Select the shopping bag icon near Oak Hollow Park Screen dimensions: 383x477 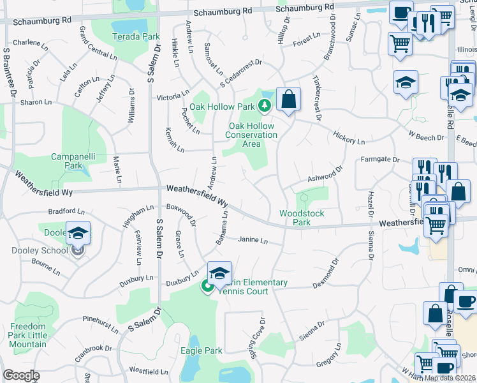tap(288, 100)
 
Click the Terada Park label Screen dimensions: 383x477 tap(136, 36)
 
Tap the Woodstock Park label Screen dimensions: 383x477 tap(295, 218)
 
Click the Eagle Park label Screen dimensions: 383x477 tap(202, 350)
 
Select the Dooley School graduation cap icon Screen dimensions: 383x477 tap(78, 234)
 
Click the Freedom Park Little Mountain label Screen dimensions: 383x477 tap(28, 335)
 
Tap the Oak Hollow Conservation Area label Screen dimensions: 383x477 tap(253, 135)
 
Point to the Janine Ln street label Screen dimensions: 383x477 tap(252, 241)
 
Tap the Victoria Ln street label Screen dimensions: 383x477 tap(173, 98)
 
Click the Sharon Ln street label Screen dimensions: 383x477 tap(35, 102)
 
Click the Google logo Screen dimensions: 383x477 tap(21, 375)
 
